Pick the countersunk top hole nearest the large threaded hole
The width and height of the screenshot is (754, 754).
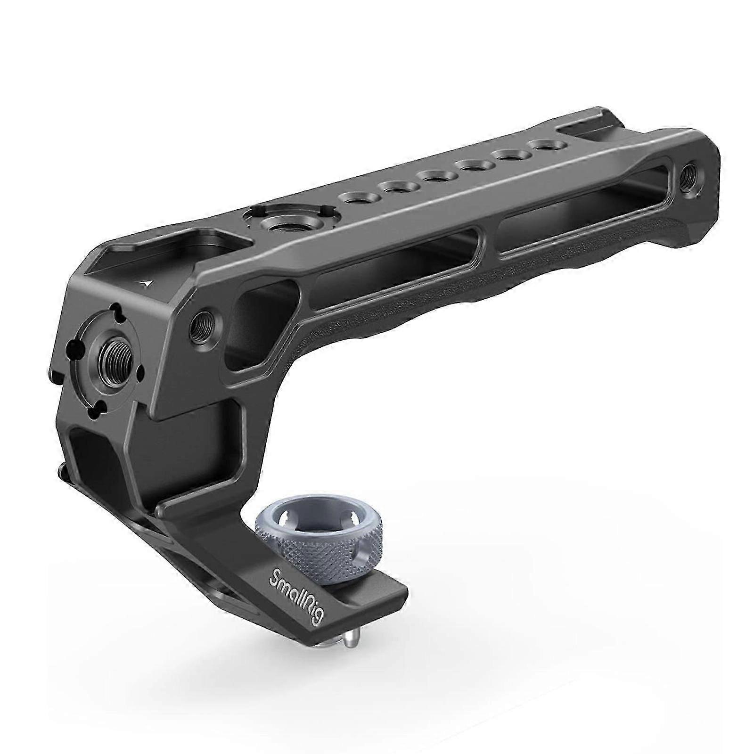point(356,197)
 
